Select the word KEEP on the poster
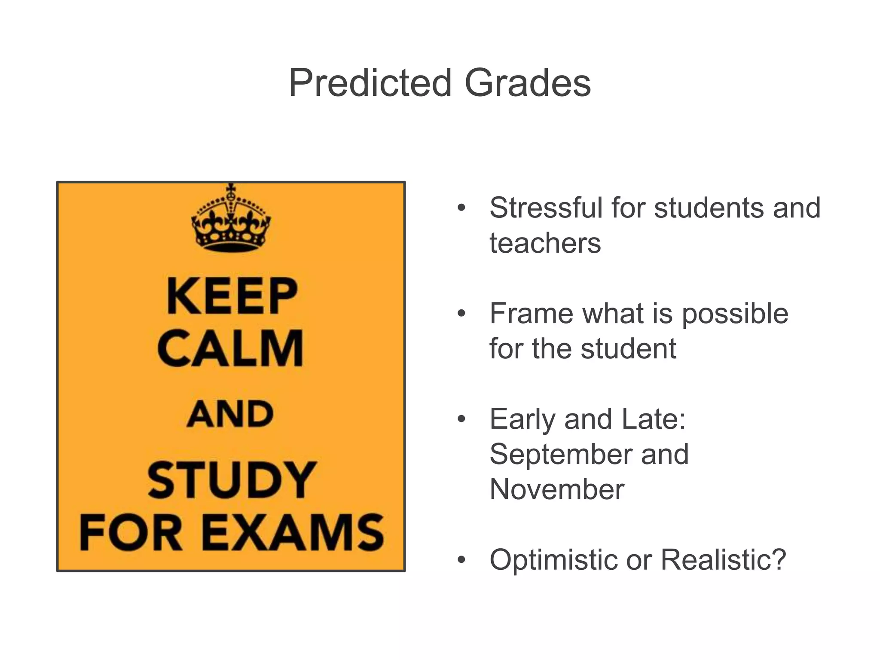click(232, 296)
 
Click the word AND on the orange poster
click(230, 414)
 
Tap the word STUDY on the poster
click(232, 480)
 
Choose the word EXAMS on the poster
click(293, 532)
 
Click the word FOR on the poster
click(131, 532)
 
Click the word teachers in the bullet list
click(545, 243)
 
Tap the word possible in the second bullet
click(735, 314)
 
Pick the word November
click(556, 489)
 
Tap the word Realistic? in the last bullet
click(723, 560)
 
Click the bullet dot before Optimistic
click(461, 560)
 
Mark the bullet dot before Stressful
click(461, 208)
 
